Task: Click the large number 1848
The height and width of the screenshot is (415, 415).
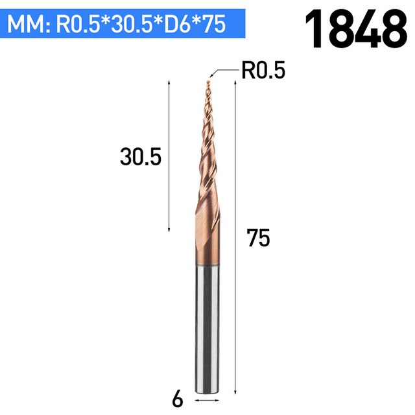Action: coord(356,29)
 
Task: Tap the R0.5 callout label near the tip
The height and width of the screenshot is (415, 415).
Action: coord(263,71)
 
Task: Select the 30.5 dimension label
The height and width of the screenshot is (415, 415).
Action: coord(141,157)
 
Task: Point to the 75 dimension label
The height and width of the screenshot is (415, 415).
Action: coord(258,238)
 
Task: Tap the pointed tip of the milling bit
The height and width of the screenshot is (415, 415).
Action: coord(208,81)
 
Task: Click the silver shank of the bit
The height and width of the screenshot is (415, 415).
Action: coord(207,329)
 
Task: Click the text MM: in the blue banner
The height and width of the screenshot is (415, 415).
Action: coord(29,24)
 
